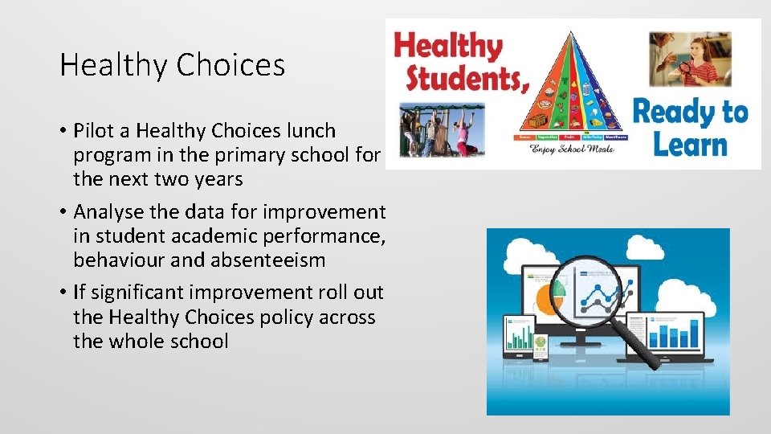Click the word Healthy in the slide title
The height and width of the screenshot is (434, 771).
(x=98, y=66)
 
